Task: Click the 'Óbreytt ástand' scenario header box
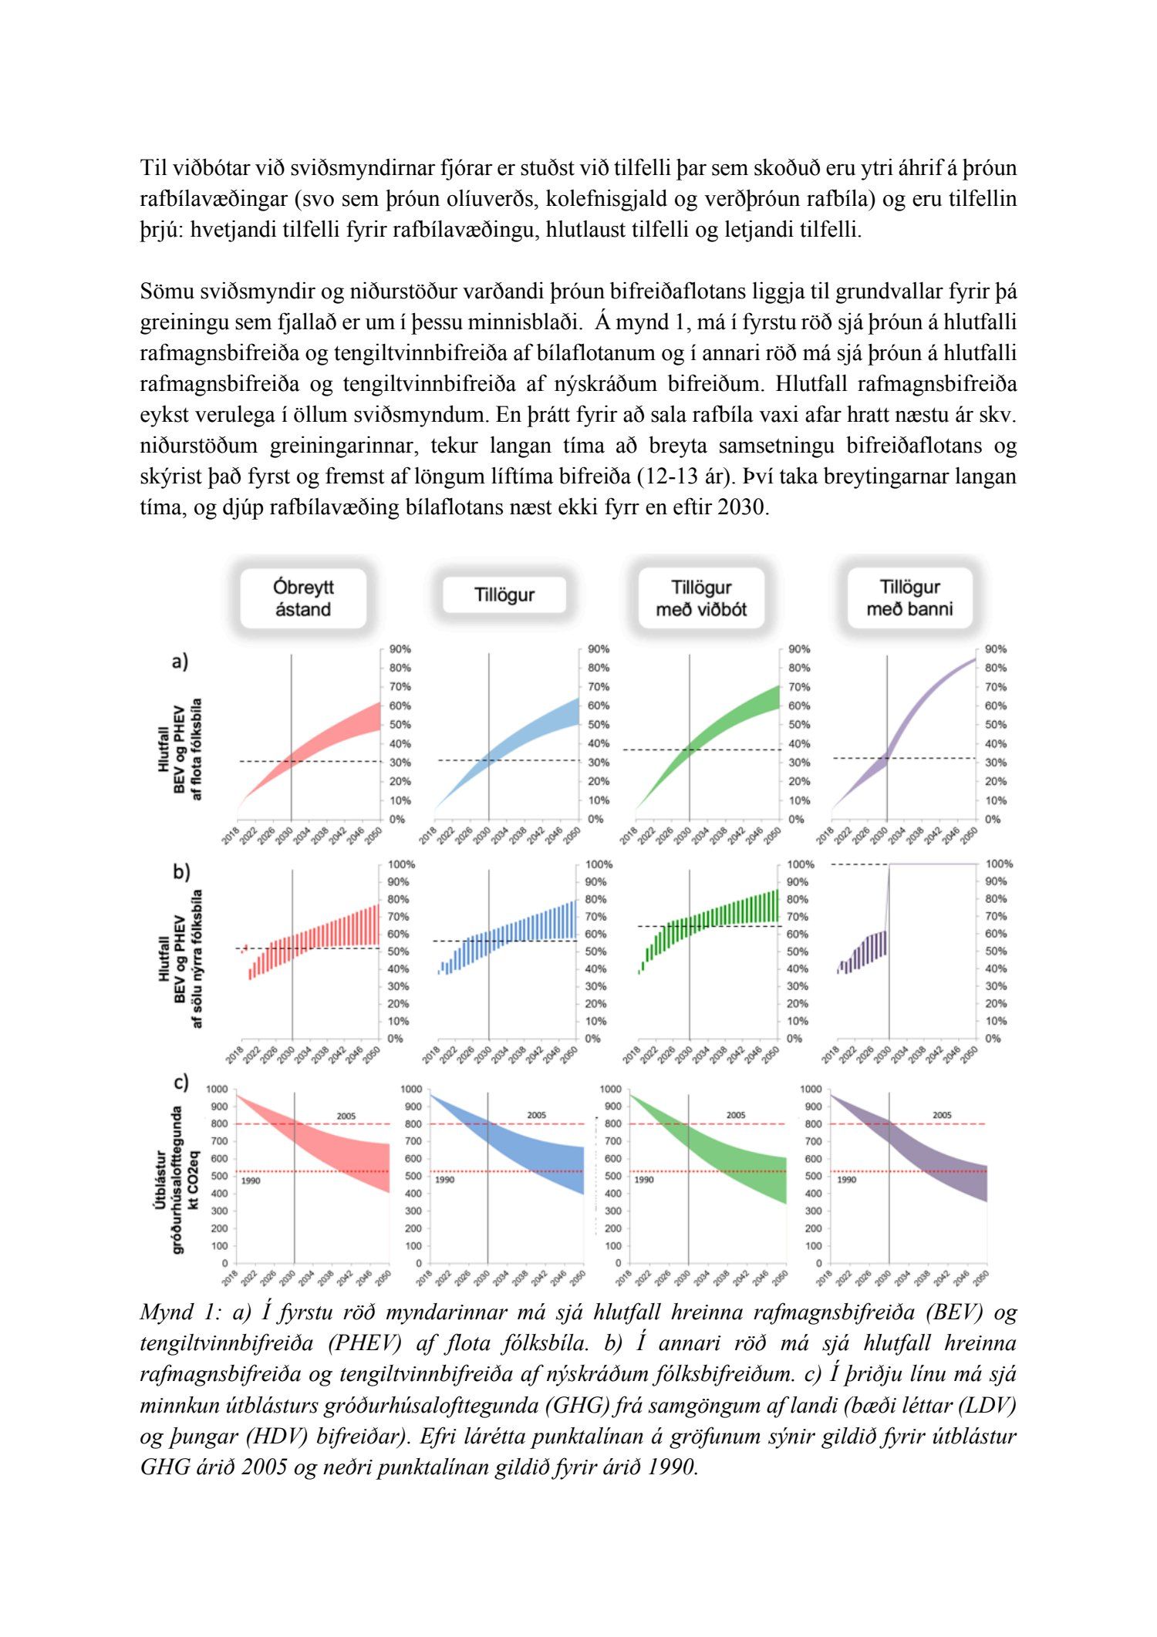pyautogui.click(x=302, y=598)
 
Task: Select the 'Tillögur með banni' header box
pyautogui.click(x=909, y=598)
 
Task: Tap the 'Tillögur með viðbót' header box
pyautogui.click(x=700, y=598)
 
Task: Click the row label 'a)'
pyautogui.click(x=180, y=661)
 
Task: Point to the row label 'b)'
pyautogui.click(x=180, y=872)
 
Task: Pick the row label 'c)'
pyautogui.click(x=180, y=1083)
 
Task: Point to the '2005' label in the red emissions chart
pyautogui.click(x=346, y=1116)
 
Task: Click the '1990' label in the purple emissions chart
pyautogui.click(x=846, y=1180)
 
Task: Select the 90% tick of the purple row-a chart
pyautogui.click(x=995, y=649)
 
